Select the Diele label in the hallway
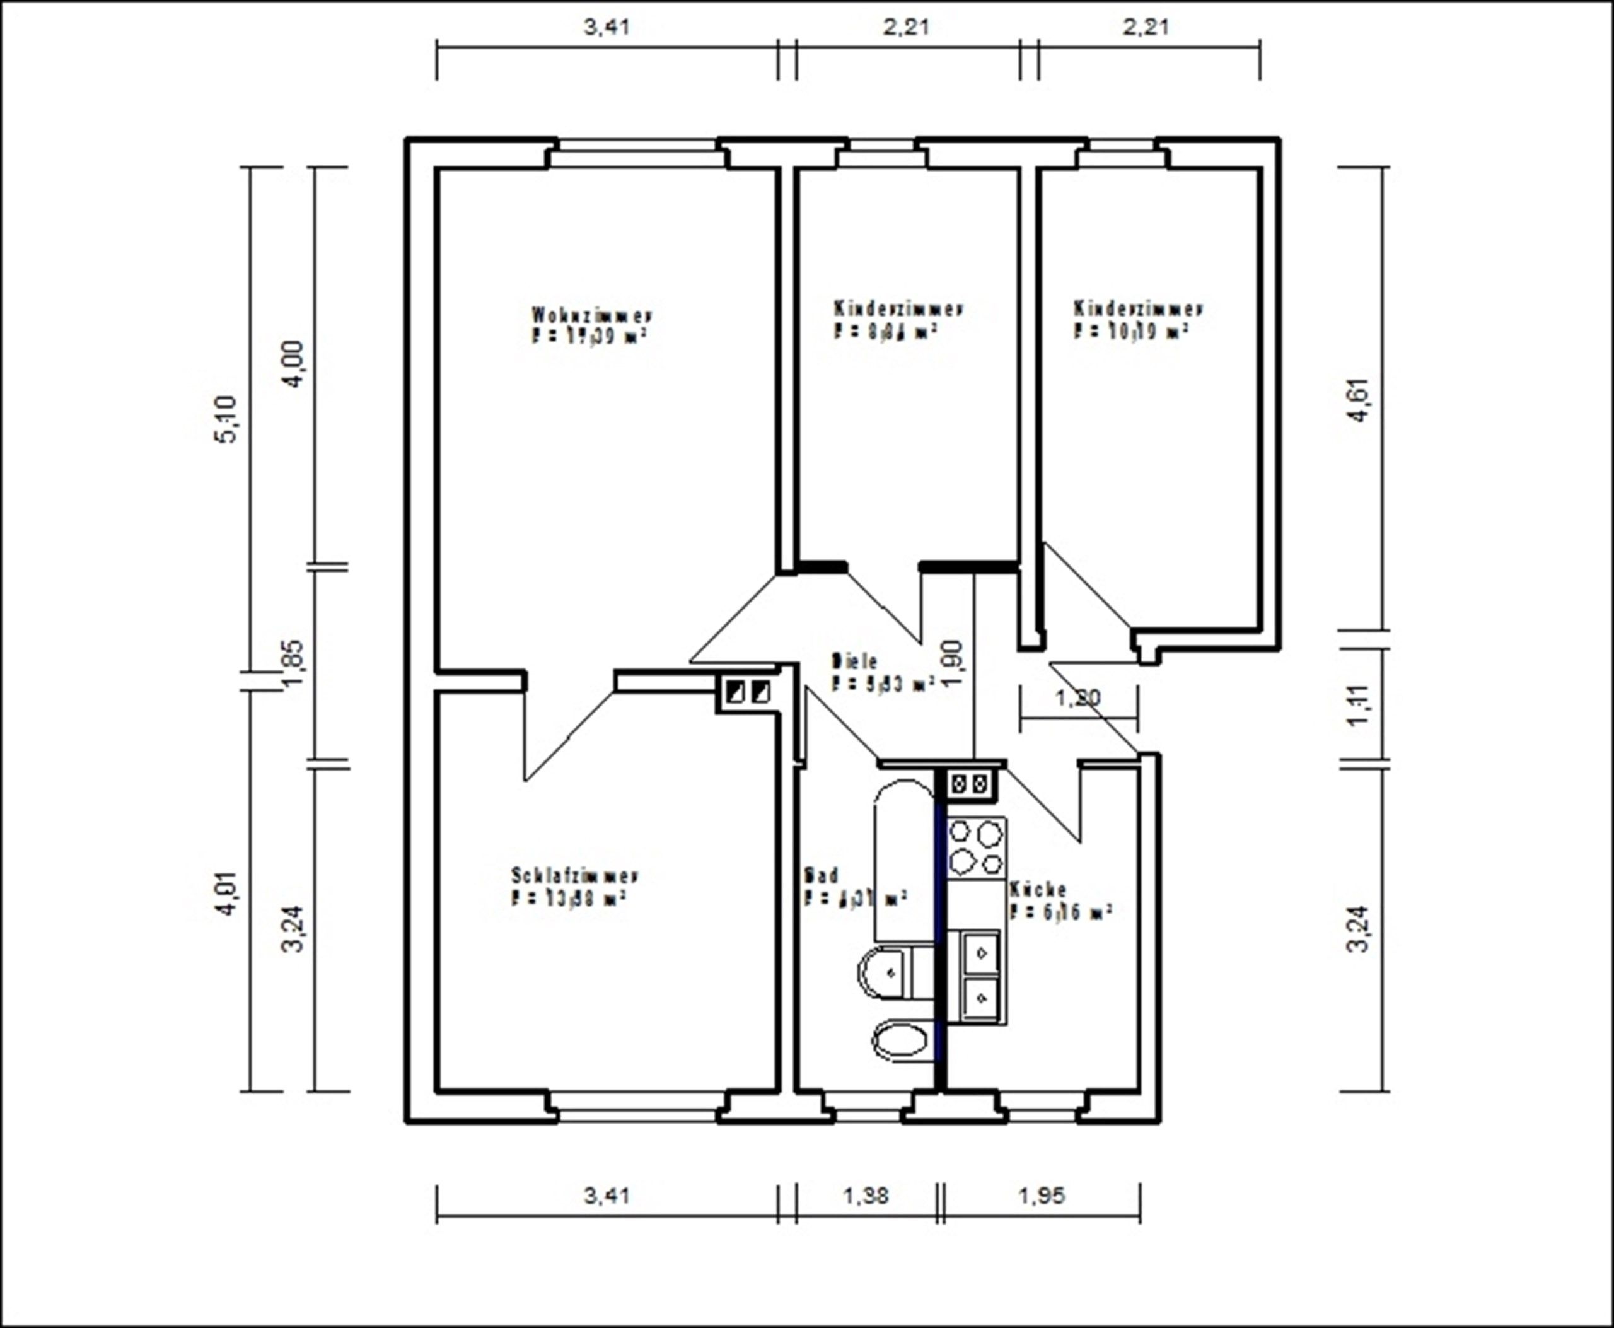click(x=854, y=660)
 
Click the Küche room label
click(x=1038, y=890)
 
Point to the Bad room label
click(x=822, y=875)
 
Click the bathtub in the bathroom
click(x=904, y=861)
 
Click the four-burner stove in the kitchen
click(x=976, y=848)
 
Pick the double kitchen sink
click(x=980, y=976)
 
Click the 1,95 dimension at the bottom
click(x=1041, y=1195)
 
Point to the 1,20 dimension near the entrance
click(x=1077, y=697)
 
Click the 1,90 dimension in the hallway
click(x=953, y=664)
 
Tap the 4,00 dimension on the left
click(x=294, y=363)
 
